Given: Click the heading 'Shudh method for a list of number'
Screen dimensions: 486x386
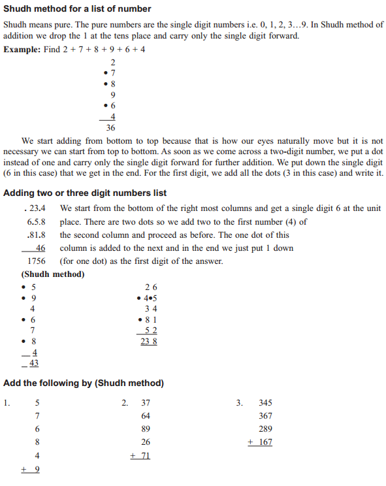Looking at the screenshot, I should (x=77, y=9).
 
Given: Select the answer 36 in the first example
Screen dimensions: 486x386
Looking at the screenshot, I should (x=110, y=128).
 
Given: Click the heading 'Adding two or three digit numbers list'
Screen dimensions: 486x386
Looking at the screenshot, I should (x=85, y=193).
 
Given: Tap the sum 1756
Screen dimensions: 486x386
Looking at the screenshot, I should (x=32, y=261).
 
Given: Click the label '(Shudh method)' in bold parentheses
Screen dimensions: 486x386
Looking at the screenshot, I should (x=53, y=274).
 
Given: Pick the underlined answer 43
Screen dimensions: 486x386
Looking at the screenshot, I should (x=32, y=363).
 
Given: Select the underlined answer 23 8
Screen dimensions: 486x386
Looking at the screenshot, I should (x=149, y=341).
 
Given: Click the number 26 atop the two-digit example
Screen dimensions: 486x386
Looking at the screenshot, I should (x=151, y=287).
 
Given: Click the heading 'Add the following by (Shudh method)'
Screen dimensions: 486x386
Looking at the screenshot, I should (x=84, y=383).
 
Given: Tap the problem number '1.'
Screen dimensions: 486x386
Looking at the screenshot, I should (x=7, y=402).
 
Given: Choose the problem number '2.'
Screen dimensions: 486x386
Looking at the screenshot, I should (x=125, y=402).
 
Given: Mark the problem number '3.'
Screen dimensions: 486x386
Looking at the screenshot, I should (x=239, y=402).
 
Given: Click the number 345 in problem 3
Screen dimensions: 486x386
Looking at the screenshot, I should (x=265, y=403).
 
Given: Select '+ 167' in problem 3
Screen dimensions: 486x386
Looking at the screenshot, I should (x=260, y=442).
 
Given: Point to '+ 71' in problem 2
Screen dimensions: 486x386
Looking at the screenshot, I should (x=140, y=455).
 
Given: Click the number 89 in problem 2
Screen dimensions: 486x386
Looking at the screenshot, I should (x=146, y=429).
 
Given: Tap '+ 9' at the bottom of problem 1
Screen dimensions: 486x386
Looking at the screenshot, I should (x=31, y=469).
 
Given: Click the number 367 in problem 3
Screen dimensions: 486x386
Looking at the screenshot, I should (x=265, y=416).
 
